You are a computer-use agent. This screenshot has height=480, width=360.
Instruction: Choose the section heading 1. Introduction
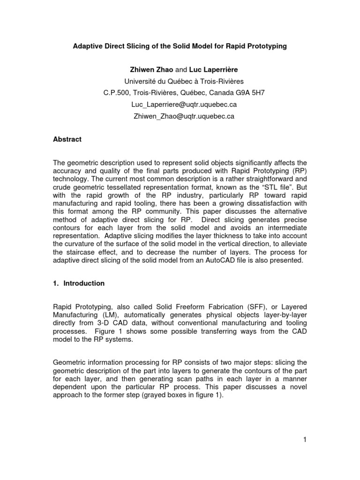tap(80, 284)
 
